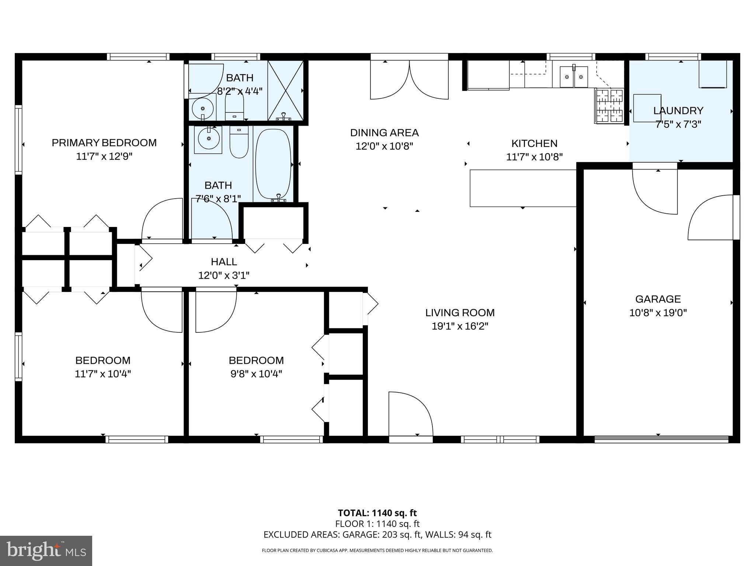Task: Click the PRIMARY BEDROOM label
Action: coord(104,143)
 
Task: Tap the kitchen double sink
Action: coord(574,77)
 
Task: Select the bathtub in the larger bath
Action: coord(274,164)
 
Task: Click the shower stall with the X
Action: coord(286,91)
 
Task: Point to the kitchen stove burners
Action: coord(609,106)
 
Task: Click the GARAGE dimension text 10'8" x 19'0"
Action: coord(658,313)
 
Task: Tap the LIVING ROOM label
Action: coord(460,312)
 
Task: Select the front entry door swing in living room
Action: coord(410,415)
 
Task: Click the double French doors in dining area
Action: coord(409,79)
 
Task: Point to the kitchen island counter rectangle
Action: coord(523,188)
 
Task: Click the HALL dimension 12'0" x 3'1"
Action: coord(224,275)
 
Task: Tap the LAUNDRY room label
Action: coord(678,111)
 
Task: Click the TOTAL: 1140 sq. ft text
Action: coord(377,513)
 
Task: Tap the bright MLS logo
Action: coord(46,551)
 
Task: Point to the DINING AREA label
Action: coord(384,133)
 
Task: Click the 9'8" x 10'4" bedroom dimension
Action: coord(256,374)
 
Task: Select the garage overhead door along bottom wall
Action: coord(661,439)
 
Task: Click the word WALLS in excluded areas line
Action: coord(441,535)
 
